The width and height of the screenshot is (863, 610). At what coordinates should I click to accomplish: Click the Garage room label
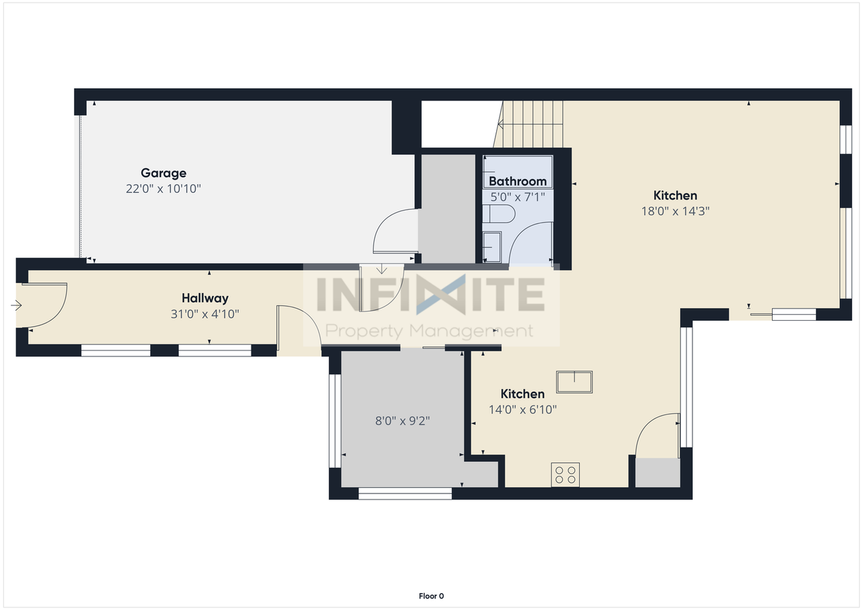(163, 173)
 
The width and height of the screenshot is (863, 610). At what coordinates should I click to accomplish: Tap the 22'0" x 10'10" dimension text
(163, 189)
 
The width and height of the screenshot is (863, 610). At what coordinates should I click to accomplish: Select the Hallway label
(205, 298)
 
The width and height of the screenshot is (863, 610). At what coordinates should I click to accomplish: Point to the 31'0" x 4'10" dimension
(205, 314)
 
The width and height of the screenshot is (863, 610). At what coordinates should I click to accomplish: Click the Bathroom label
(517, 181)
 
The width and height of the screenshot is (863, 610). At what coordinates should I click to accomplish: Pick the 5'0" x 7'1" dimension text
(517, 197)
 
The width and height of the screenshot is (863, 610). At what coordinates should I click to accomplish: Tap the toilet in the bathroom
(499, 214)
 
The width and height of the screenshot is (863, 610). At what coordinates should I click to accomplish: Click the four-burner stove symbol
(565, 475)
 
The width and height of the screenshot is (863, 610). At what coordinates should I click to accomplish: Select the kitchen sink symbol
(574, 382)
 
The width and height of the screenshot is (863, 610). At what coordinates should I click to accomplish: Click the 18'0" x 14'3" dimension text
(675, 211)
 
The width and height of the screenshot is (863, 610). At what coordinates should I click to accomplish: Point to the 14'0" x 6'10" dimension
(523, 409)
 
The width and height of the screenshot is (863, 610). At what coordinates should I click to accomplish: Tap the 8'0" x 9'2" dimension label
(403, 421)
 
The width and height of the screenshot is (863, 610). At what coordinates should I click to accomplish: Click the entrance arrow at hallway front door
(16, 306)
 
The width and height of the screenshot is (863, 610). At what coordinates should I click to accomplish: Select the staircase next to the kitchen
(529, 124)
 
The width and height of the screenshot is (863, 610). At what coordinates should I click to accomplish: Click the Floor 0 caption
(431, 596)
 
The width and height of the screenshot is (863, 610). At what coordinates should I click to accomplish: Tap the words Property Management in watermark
(429, 331)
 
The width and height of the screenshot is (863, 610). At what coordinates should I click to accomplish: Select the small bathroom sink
(492, 247)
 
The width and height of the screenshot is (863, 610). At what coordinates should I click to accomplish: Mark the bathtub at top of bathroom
(518, 172)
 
